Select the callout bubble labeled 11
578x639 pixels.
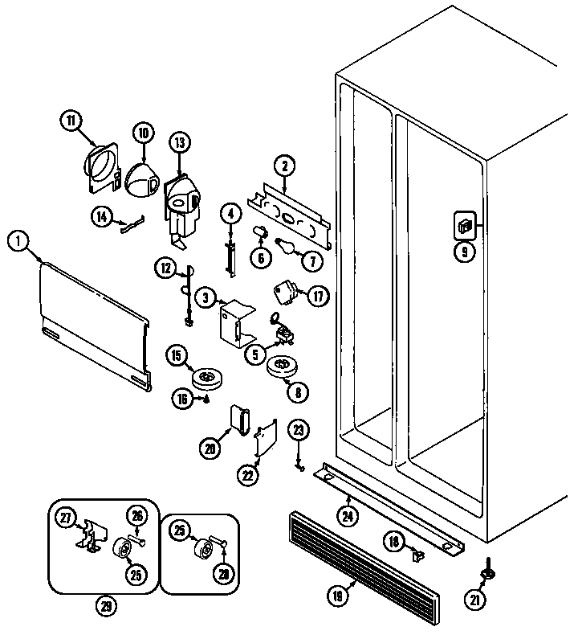point(71,121)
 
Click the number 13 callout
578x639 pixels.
point(178,143)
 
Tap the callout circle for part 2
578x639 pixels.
point(283,166)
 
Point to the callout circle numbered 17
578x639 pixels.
point(318,296)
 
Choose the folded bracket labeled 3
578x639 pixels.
point(236,322)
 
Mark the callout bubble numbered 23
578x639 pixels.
point(299,431)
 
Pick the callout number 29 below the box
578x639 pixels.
point(105,606)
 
